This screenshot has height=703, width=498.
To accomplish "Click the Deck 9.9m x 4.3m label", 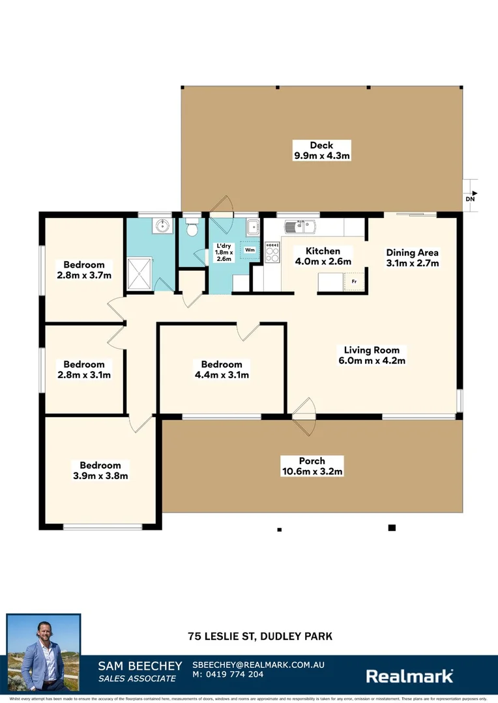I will [x=321, y=150].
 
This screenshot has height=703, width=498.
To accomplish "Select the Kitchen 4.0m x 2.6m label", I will [x=323, y=256].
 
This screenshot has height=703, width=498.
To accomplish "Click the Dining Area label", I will [x=412, y=258].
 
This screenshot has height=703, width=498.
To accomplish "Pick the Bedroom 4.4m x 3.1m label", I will [x=221, y=369].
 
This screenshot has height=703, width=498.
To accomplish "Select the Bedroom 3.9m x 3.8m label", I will [x=100, y=470].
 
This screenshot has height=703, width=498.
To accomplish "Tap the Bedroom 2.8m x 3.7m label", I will [x=84, y=269].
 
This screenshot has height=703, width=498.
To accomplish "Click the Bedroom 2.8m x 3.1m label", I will [x=84, y=369].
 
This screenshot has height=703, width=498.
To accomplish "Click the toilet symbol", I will [x=192, y=230].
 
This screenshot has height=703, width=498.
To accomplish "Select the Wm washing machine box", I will [x=250, y=249].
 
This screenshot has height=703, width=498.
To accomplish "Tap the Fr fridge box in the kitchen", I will [x=354, y=283].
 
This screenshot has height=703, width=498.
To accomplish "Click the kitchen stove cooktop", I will [x=272, y=250].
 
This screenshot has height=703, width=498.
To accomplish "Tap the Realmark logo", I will [x=409, y=676].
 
